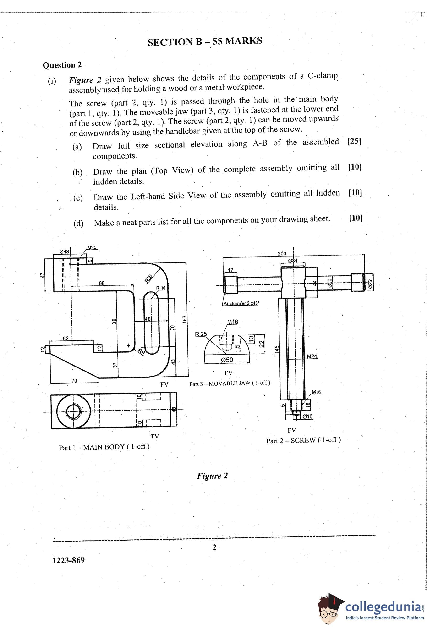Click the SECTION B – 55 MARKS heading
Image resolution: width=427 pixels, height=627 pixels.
[x=205, y=41]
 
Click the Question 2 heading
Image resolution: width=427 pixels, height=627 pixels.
[x=62, y=65]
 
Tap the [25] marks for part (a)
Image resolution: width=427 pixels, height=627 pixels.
[x=354, y=142]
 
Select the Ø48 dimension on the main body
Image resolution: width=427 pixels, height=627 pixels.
[x=64, y=251]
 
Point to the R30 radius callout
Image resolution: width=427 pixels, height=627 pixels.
[x=149, y=278]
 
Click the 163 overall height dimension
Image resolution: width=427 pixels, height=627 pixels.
[x=185, y=319]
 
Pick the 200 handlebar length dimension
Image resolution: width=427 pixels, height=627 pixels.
[x=282, y=254]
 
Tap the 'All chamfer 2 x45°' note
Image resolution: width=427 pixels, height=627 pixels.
[x=241, y=303]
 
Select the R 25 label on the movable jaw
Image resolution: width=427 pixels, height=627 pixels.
[x=201, y=334]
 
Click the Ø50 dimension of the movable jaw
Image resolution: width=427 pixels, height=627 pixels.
[x=227, y=360]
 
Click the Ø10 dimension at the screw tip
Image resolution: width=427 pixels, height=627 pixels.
[x=307, y=416]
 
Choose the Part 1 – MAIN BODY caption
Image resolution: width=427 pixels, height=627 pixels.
[x=104, y=447]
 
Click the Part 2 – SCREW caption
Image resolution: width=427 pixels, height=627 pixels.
[x=303, y=440]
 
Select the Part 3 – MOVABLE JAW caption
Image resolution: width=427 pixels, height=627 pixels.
[x=230, y=383]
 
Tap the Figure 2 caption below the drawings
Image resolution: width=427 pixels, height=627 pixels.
[x=212, y=476]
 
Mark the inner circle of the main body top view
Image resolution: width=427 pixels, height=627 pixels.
[x=73, y=405]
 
